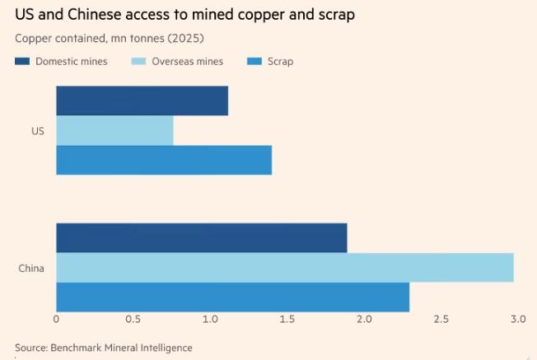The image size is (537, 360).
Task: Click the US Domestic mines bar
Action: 142,101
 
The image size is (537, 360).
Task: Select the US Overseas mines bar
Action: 114,131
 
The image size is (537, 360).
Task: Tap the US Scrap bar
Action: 164,160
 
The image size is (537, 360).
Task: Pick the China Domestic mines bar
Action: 202,238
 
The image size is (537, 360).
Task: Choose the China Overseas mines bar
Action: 285,268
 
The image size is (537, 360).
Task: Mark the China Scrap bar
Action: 232,297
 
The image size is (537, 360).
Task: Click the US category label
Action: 38,131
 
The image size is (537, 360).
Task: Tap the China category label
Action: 32,268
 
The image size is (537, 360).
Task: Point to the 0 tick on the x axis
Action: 56,319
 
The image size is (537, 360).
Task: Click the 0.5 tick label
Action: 133,319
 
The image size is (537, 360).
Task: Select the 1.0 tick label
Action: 209,319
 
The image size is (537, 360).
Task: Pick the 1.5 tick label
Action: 287,319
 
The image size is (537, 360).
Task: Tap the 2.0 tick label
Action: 363,319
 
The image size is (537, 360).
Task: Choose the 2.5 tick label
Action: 441,319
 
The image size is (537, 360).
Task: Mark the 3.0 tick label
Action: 517,319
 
